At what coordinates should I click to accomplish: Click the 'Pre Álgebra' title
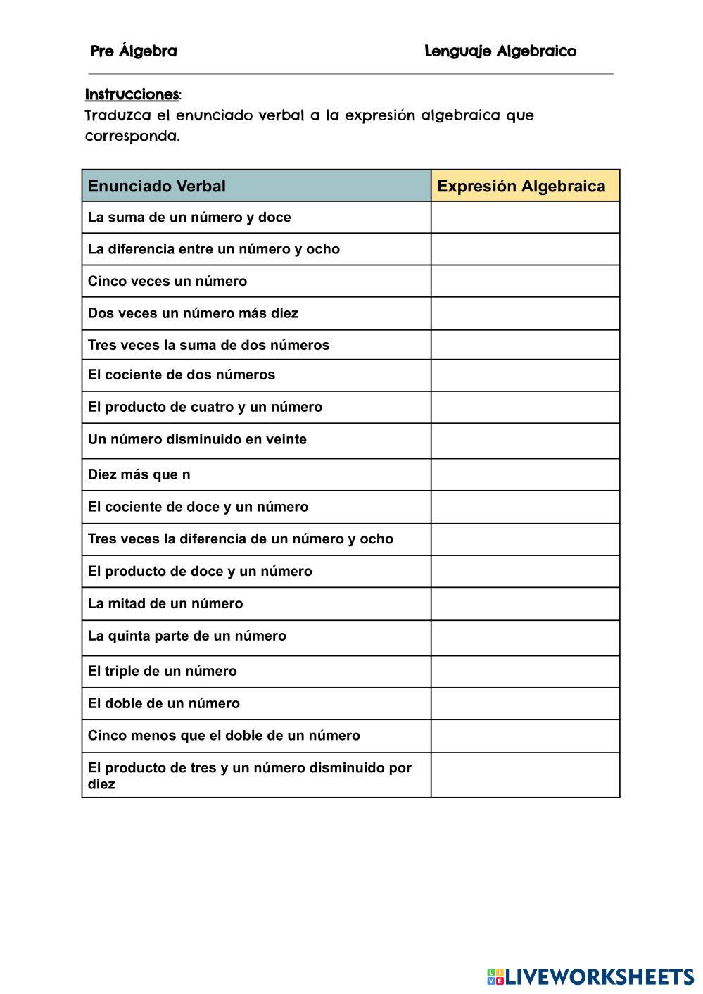coord(134,51)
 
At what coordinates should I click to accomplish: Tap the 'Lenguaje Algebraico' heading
coord(500,51)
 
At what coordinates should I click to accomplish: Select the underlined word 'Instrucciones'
coord(132,94)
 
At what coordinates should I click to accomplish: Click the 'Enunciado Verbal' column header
coord(157,187)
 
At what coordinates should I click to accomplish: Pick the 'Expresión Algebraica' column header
coord(521,187)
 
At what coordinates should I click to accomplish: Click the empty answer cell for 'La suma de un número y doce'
coord(525,218)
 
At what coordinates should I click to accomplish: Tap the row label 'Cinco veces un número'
coord(167,282)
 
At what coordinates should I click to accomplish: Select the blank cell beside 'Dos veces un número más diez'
coord(525,313)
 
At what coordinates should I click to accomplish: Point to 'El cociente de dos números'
coord(182,375)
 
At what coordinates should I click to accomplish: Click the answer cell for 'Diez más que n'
coord(525,474)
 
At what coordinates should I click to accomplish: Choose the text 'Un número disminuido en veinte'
coord(197,440)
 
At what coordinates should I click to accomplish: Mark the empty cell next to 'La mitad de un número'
coord(525,604)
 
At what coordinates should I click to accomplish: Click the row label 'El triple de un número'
coord(163,672)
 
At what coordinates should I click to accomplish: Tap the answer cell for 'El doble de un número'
coord(525,704)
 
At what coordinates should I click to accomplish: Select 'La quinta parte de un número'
coord(187,636)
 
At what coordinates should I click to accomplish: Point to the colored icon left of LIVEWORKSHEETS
coord(495,977)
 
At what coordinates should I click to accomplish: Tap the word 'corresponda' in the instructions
coord(131,137)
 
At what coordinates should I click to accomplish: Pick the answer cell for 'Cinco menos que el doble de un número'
coord(525,736)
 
